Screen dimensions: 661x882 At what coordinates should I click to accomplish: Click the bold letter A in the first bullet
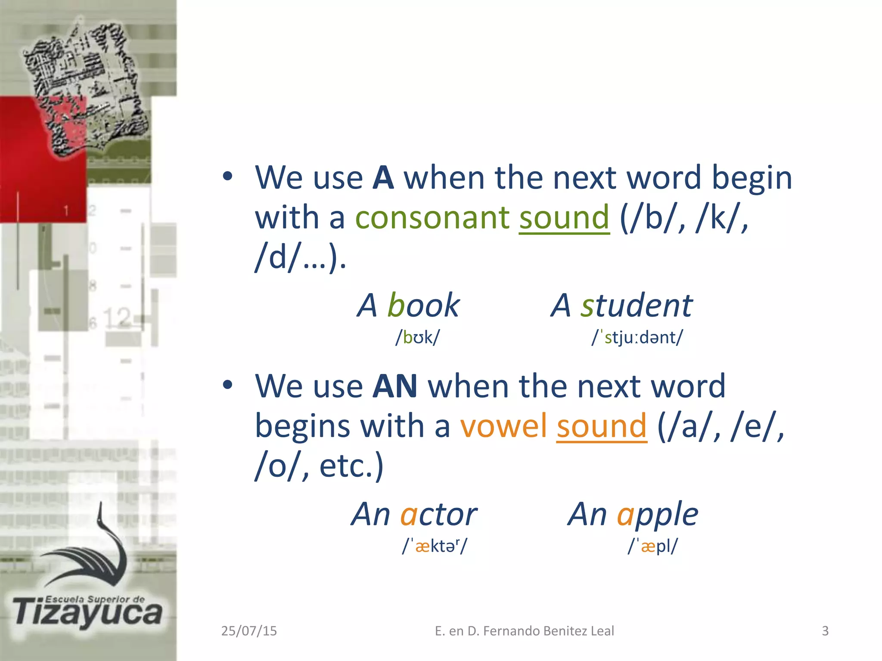coord(383,178)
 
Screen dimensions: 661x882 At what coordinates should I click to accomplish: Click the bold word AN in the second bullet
coord(395,386)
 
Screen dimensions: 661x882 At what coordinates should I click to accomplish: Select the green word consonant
coord(432,217)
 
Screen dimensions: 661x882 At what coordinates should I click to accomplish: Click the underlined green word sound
coord(564,217)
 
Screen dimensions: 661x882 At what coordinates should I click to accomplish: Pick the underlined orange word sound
coord(602,426)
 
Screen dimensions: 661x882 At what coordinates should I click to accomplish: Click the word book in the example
coord(424,305)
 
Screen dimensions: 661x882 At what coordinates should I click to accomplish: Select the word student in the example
coord(637,305)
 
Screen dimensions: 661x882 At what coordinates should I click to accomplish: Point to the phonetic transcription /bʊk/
coord(418,337)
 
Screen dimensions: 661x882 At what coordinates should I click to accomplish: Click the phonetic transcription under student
coord(637,337)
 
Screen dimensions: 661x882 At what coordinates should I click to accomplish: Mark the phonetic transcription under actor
coord(435,546)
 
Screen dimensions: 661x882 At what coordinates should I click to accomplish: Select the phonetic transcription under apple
coord(652,546)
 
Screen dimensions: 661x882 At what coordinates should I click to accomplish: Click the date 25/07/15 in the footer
coord(249,631)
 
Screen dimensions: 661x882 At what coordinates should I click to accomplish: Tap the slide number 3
coord(825,631)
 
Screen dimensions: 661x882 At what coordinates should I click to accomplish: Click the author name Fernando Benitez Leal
coord(548,631)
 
